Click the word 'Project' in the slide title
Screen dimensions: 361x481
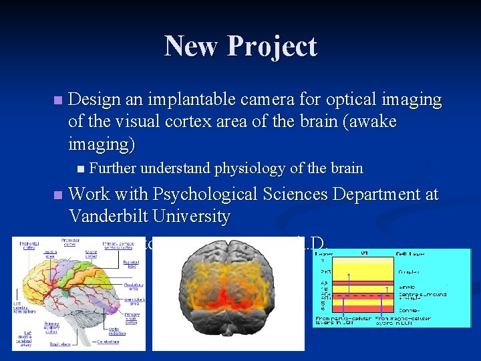click(x=272, y=47)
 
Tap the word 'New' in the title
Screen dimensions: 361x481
click(x=192, y=46)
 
